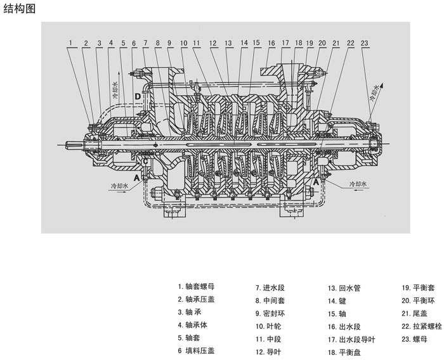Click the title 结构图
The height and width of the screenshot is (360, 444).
click(x=21, y=8)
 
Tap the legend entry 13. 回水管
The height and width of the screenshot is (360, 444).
click(x=344, y=288)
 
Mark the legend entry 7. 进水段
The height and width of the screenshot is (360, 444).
click(x=271, y=286)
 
